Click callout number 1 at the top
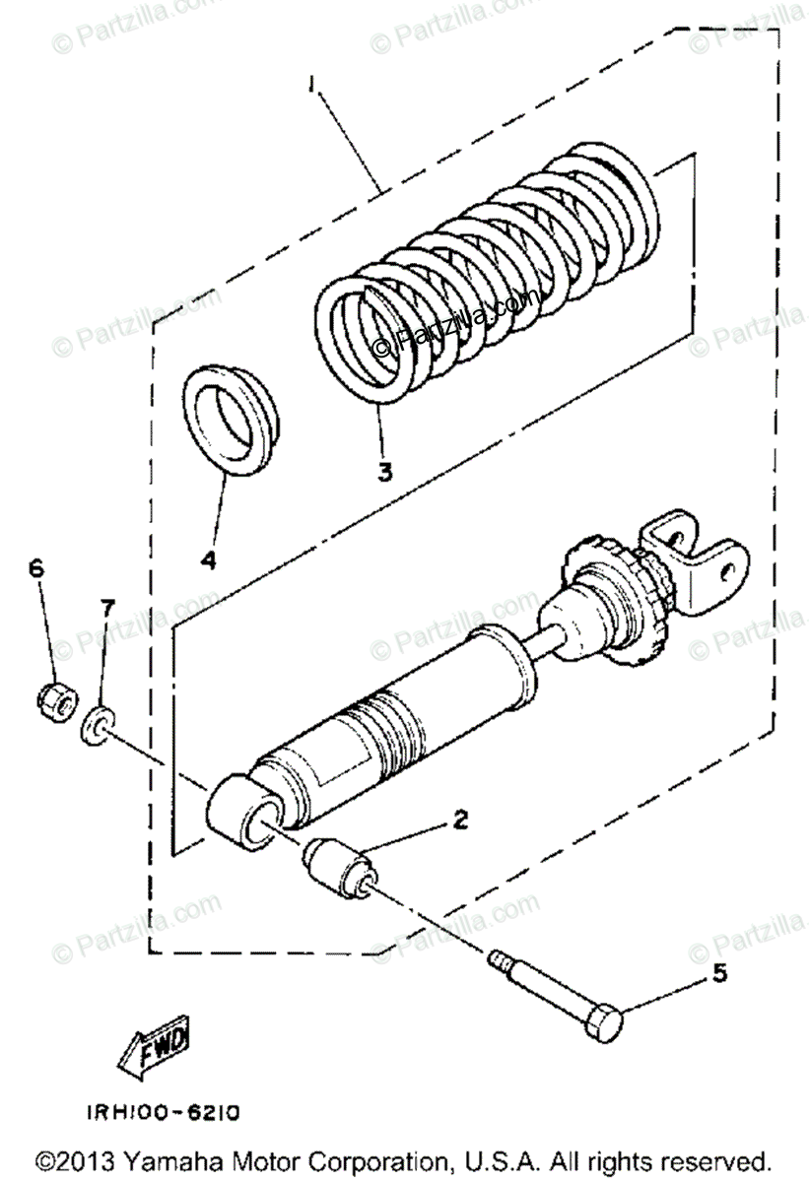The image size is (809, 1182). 312,87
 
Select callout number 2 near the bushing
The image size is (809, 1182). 459,819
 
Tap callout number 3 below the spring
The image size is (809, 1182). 384,471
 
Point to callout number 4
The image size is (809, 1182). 208,559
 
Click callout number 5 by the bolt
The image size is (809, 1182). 719,974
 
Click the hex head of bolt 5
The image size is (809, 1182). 604,1025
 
